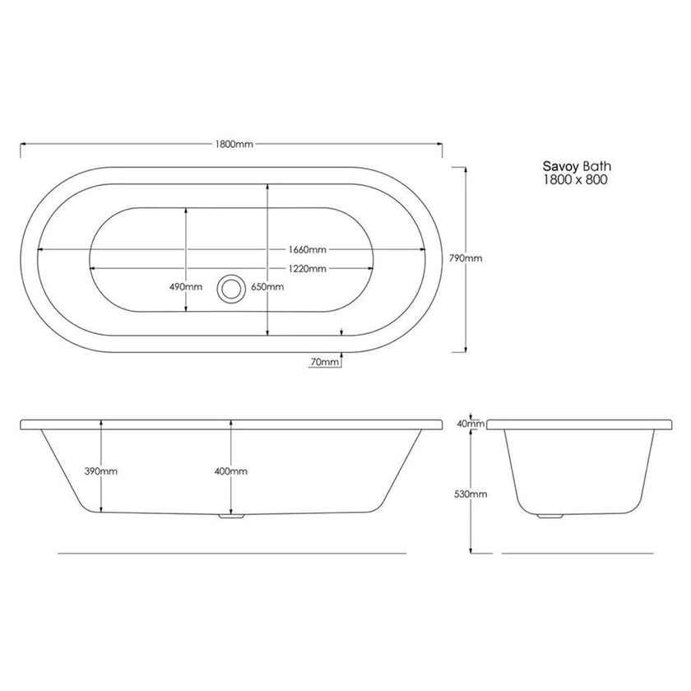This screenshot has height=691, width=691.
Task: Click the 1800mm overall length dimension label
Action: click(x=233, y=143)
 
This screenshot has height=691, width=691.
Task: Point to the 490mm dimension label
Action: click(x=186, y=287)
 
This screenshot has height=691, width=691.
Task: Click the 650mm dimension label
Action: click(x=267, y=287)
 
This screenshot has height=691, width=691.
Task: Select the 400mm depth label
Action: click(x=231, y=471)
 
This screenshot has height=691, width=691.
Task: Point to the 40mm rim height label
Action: click(x=469, y=424)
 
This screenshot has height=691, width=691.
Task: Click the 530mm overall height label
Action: click(x=471, y=494)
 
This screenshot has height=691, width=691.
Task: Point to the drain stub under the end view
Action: click(x=545, y=517)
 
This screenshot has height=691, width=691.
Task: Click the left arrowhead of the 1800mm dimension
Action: click(x=23, y=143)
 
